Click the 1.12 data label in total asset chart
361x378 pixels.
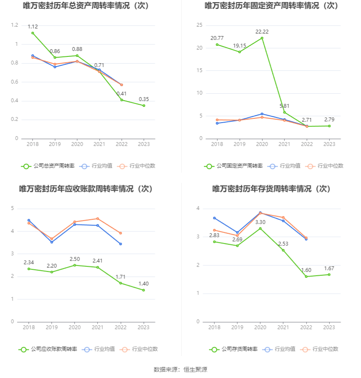33,27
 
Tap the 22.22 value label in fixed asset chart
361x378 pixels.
262,32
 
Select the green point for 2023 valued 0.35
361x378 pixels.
144,106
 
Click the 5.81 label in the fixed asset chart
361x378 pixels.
285,106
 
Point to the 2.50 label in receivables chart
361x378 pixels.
75,259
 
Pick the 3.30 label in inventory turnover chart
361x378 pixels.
260,222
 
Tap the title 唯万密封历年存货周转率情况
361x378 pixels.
271,189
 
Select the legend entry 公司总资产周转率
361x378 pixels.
48,166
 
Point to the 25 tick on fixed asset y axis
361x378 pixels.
199,25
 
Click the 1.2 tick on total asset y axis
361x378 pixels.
14,25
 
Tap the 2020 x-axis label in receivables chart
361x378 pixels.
75,328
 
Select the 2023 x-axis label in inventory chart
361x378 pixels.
329,328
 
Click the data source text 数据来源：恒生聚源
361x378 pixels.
180,370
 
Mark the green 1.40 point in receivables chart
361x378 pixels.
144,290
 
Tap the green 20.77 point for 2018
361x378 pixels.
217,45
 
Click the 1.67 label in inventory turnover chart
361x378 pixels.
330,268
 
